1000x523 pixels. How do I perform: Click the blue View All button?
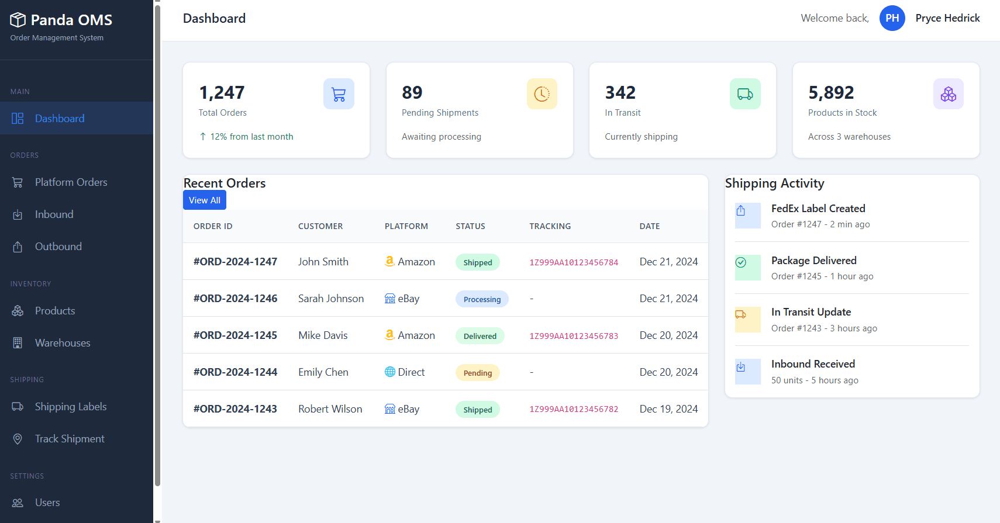tap(204, 200)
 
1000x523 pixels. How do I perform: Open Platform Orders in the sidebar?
tap(71, 182)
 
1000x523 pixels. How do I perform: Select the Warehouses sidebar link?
tap(62, 343)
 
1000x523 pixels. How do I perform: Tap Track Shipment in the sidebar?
tap(69, 439)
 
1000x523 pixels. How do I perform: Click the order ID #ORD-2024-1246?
tap(235, 299)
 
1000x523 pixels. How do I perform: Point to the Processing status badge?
tap(482, 299)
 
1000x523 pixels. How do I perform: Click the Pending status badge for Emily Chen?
tap(477, 373)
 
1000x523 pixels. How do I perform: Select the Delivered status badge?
tap(480, 336)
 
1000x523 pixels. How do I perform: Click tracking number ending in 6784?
tap(573, 262)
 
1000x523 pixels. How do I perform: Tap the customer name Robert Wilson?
tap(330, 409)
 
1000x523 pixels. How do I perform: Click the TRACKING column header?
tap(550, 226)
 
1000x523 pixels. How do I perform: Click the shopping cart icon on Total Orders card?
tap(339, 94)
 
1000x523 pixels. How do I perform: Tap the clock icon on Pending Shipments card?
tap(542, 94)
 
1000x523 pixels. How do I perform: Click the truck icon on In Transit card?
tap(744, 94)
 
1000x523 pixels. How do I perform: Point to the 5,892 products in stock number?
tap(830, 92)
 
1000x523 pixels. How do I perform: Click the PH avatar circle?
tap(892, 18)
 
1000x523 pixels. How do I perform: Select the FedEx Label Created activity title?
tap(818, 209)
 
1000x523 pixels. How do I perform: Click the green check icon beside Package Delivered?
tap(741, 262)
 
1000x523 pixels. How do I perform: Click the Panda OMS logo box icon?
tap(18, 20)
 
